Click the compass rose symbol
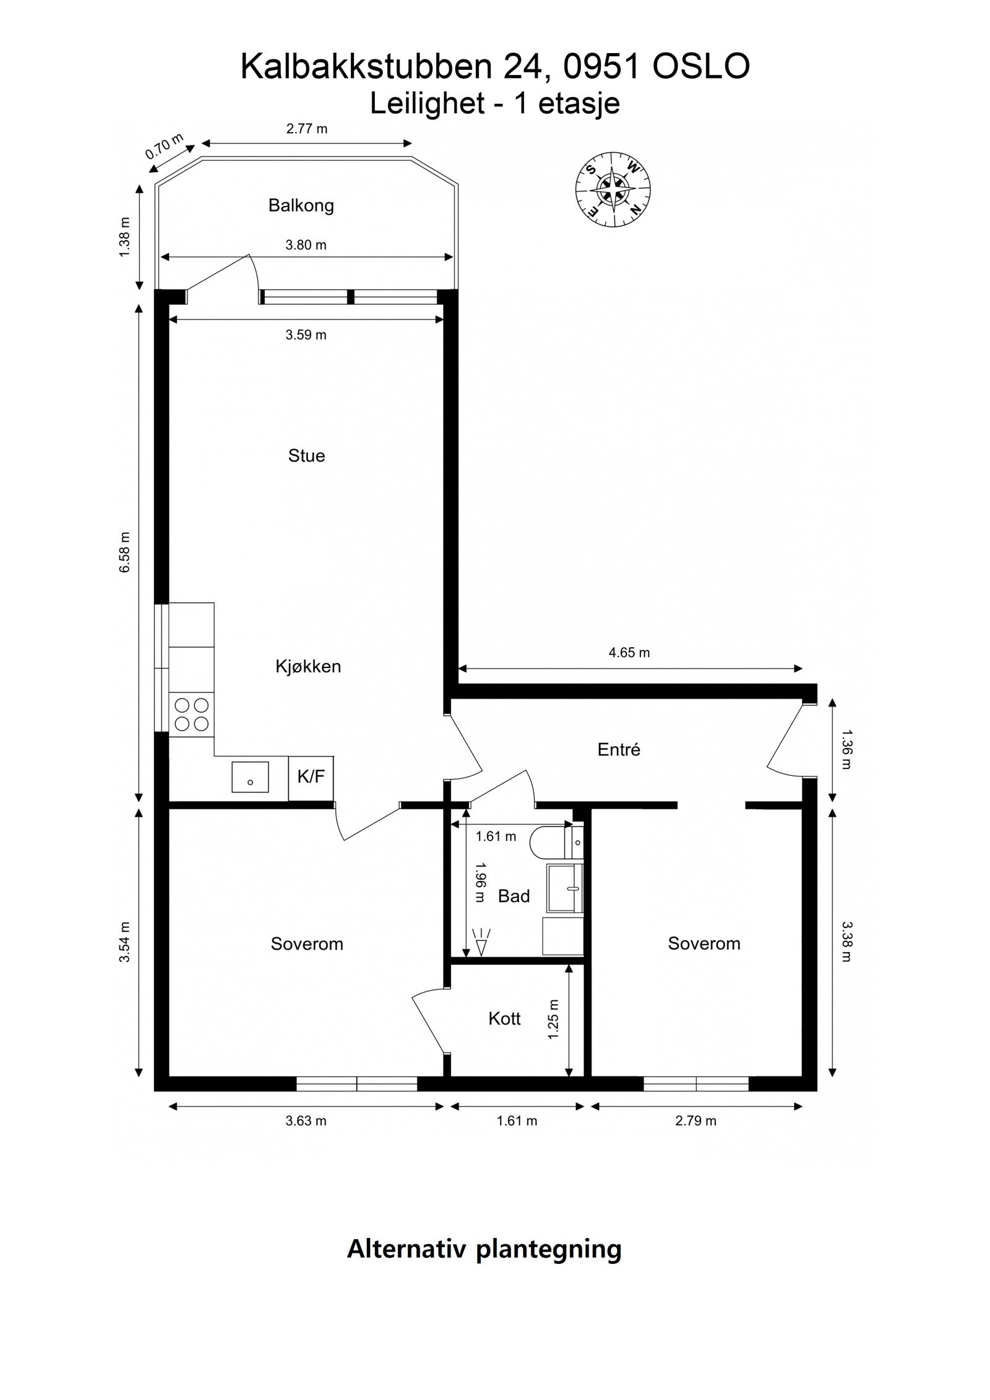tap(613, 188)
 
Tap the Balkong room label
tap(301, 206)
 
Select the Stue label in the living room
tap(306, 456)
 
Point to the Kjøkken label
tap(308, 667)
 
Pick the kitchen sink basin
tap(250, 777)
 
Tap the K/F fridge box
tap(311, 778)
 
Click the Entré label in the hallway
tap(619, 750)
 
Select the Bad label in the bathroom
tap(514, 896)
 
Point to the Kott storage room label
tap(504, 1019)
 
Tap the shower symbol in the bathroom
tap(480, 942)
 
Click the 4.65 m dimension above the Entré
tap(629, 653)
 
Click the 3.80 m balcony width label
tap(306, 245)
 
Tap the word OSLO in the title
tap(701, 67)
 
